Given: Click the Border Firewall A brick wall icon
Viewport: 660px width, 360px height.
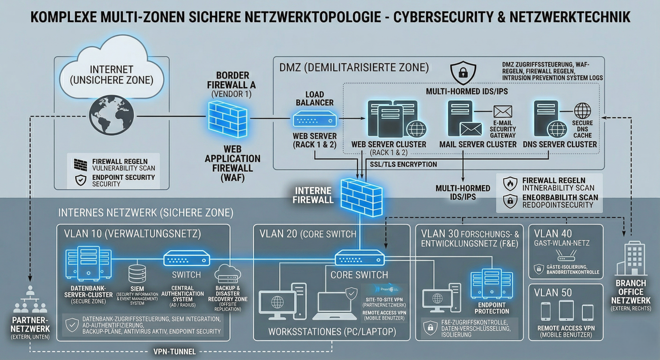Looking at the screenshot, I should pos(228,119).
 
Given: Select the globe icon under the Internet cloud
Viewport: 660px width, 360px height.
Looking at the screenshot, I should pos(111,115).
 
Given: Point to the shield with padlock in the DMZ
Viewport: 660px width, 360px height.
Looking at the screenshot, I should pos(463,72).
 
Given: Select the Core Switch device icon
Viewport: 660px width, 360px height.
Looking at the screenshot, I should pos(360,258).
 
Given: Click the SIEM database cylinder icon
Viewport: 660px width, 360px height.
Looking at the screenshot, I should pos(137,273).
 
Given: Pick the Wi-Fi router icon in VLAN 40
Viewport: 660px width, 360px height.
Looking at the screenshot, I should pos(566,255).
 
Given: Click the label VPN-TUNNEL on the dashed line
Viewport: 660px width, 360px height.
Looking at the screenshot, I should pos(175,352).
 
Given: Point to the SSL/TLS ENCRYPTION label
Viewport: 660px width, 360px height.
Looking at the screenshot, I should pos(403,164).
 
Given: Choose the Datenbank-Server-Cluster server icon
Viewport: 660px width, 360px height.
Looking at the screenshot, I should pos(88,263).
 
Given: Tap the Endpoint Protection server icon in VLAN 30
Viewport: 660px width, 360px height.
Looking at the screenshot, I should pos(492,284).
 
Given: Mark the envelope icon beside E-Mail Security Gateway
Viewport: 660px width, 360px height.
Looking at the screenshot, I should pos(503,112).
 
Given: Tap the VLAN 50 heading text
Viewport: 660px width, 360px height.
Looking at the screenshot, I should pos(553,293).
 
